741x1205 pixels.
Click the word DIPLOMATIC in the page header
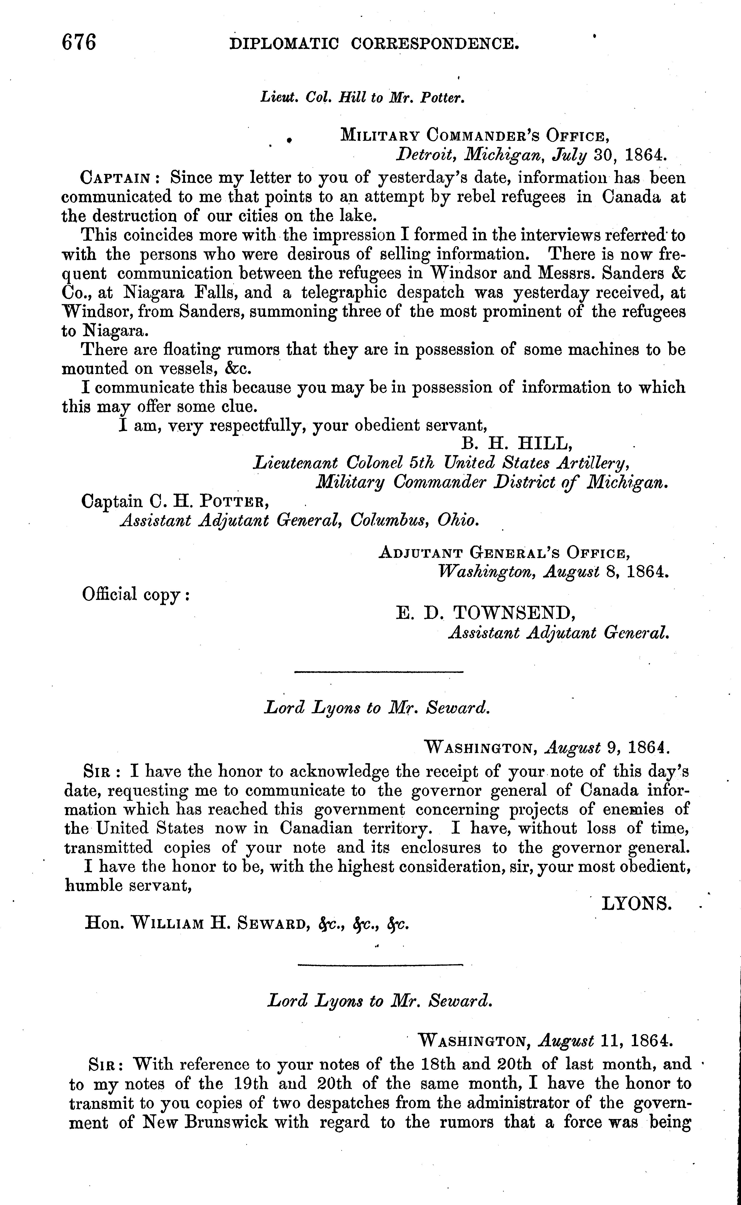[284, 45]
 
